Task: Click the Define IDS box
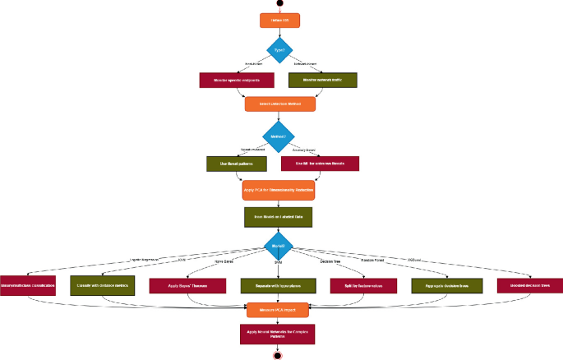coord(279,19)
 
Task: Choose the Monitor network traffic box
coord(322,81)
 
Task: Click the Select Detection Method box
coord(279,104)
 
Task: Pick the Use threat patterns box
coord(234,164)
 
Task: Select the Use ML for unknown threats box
coord(321,164)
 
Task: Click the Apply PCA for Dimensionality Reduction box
coord(279,190)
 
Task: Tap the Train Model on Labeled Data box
coord(279,216)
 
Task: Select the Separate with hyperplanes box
coord(279,285)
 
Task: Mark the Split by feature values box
coord(362,285)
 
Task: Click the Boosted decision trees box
coord(530,285)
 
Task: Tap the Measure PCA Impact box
coord(279,310)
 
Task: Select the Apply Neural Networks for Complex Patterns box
coord(279,333)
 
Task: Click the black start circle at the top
coord(279,3)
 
